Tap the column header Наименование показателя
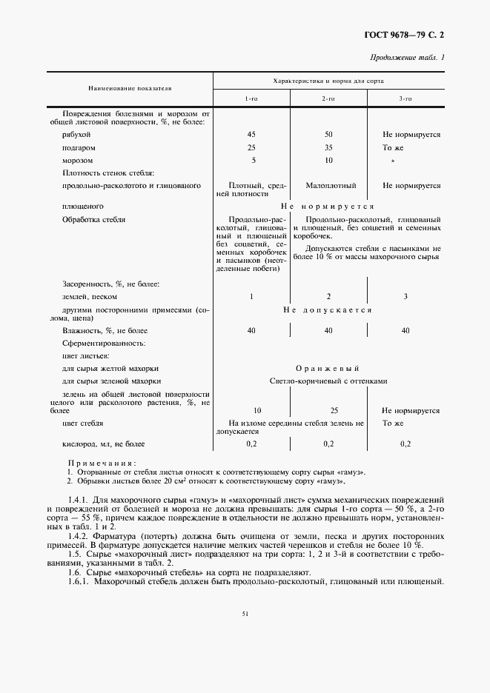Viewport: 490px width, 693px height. coord(130,87)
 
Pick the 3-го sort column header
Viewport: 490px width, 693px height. coord(405,98)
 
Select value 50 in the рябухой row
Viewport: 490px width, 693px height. coord(328,135)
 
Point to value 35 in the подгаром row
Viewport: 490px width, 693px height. coord(328,147)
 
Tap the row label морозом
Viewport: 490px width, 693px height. coord(78,160)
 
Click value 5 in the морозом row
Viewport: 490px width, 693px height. coord(253,160)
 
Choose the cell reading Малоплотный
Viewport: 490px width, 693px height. coord(330,185)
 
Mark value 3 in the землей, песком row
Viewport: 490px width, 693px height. coord(405,296)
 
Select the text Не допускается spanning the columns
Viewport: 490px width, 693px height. coord(327,309)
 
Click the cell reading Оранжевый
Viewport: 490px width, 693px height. coord(327,368)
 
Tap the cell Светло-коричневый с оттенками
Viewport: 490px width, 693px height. coord(328,381)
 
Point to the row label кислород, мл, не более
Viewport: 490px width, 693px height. coord(104,443)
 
